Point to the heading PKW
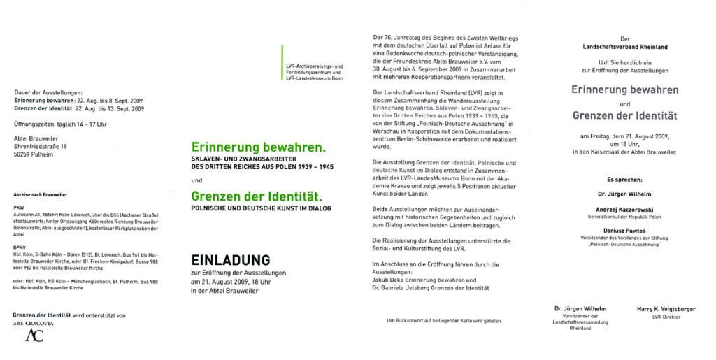19,208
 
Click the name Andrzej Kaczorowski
624,210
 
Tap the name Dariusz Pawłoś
624,231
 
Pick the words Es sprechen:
624,179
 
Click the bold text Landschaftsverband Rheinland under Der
624,47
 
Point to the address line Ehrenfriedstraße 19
41,147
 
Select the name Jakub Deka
390,280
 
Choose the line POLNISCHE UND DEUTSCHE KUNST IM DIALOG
261,208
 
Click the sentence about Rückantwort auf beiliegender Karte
444,321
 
